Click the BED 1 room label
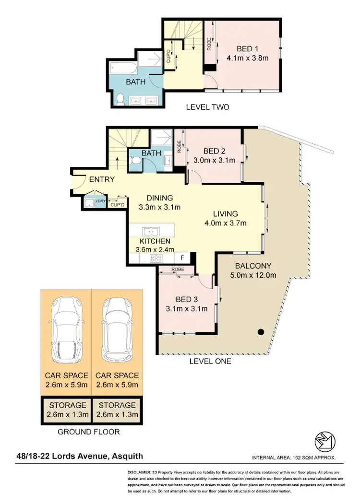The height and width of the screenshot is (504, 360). (247, 48)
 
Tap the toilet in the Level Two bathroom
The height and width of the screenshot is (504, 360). (120, 99)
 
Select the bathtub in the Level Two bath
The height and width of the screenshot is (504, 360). (123, 67)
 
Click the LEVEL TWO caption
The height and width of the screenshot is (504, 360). (207, 107)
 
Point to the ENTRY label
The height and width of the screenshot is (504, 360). (102, 179)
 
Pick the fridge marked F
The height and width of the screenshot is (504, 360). (189, 257)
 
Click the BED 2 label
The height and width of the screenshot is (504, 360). (215, 151)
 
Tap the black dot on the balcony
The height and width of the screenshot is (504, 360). (261, 331)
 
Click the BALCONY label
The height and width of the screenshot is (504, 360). (253, 266)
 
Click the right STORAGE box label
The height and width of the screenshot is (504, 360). (117, 405)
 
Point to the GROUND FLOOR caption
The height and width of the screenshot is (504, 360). (88, 432)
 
